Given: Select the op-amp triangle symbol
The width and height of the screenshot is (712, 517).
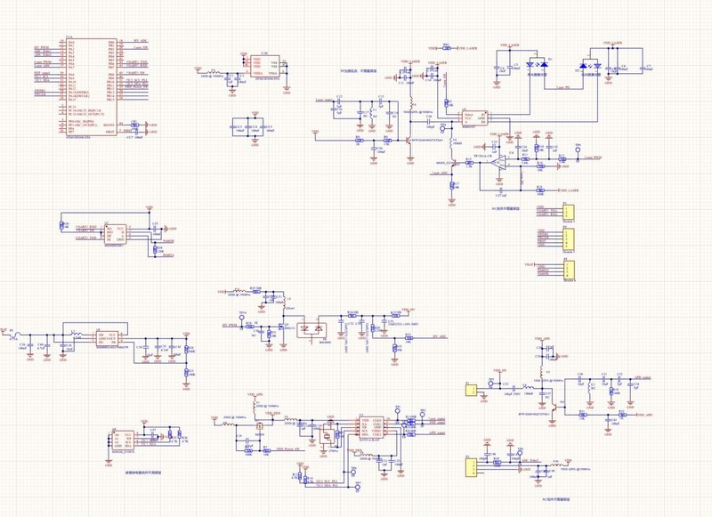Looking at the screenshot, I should pos(504,162).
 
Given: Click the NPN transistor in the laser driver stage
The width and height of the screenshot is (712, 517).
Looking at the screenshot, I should pos(409,140).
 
